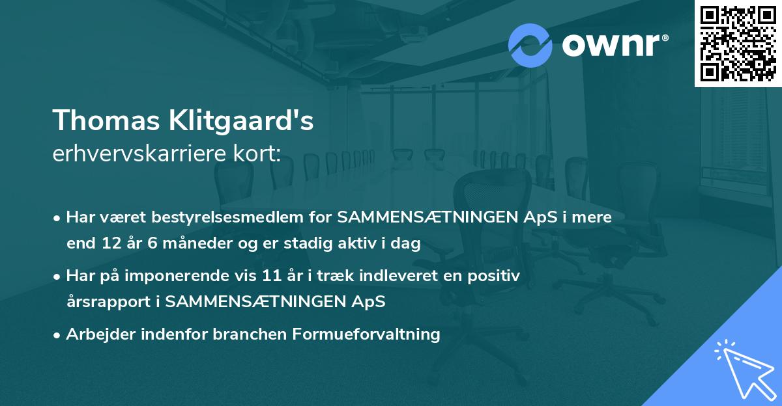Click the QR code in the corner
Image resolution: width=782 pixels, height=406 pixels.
[x=738, y=44]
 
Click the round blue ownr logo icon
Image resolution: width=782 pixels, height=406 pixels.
[x=530, y=46]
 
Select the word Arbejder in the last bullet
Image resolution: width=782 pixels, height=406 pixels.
[x=96, y=334]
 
